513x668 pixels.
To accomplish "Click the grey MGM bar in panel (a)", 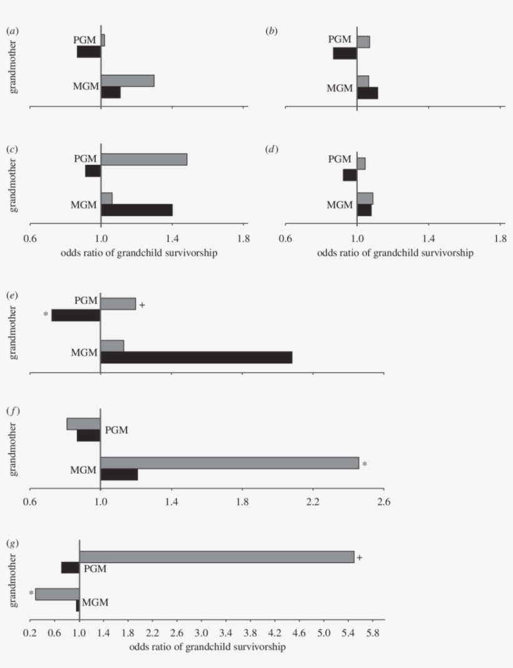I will pos(128,81).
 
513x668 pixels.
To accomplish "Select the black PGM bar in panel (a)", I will pos(89,52).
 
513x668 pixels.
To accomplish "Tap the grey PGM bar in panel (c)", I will pos(144,159).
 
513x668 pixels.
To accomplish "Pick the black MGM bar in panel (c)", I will pos(136,210).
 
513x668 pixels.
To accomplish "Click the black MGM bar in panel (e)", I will pos(196,357).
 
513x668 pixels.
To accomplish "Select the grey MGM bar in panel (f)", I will pos(230,463).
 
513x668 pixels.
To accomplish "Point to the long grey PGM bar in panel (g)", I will pos(216,557).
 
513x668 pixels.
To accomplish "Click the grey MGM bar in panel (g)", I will pos(58,594).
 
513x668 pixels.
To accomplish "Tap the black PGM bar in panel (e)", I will pos(76,316).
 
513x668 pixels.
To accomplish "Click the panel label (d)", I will pos(272,149).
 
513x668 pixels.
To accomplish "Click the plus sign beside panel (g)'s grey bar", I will pos(360,557).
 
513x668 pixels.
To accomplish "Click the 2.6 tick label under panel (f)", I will pos(383,501).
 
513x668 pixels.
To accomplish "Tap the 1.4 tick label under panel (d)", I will pos(428,238).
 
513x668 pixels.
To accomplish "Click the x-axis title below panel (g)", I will pos(208,647).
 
